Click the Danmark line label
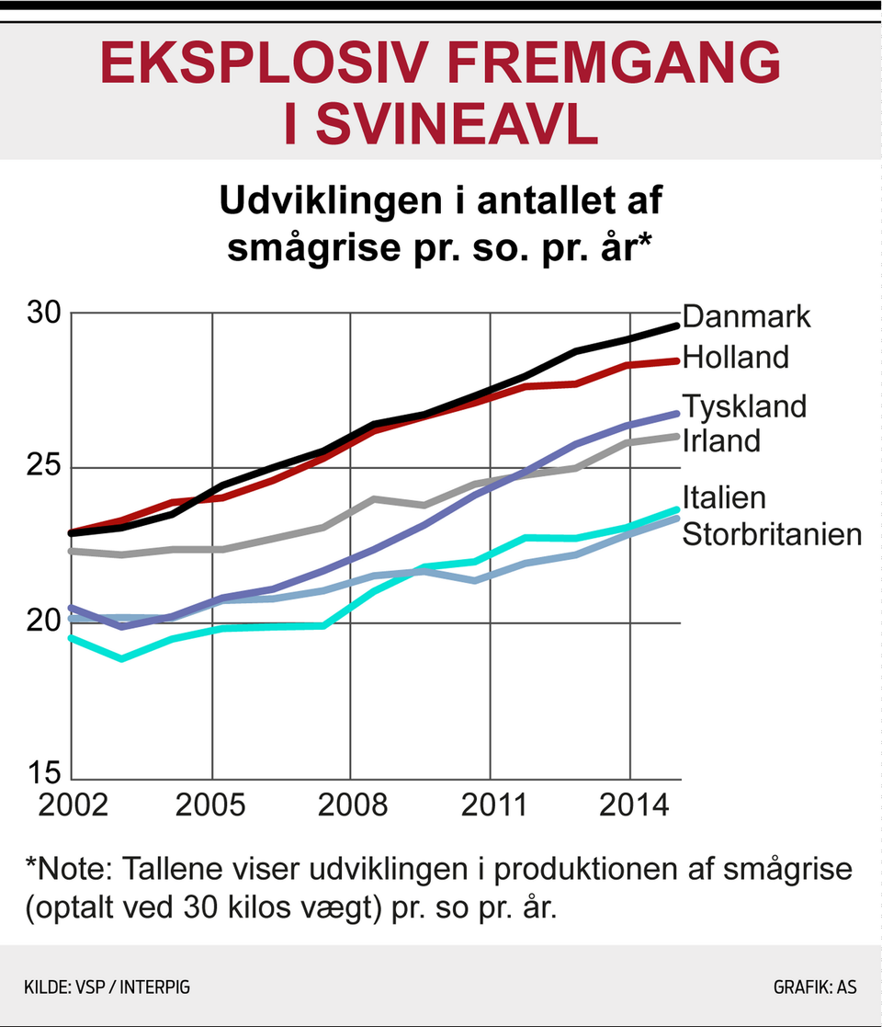click(747, 316)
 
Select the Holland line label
click(736, 357)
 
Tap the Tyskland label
click(744, 405)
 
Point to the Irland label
click(721, 440)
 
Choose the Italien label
click(724, 498)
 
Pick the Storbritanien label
click(772, 534)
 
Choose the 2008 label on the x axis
click(352, 805)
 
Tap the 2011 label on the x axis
click(492, 805)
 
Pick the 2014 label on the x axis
click(630, 805)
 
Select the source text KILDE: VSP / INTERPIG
click(107, 988)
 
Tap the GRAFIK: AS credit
click(815, 988)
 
